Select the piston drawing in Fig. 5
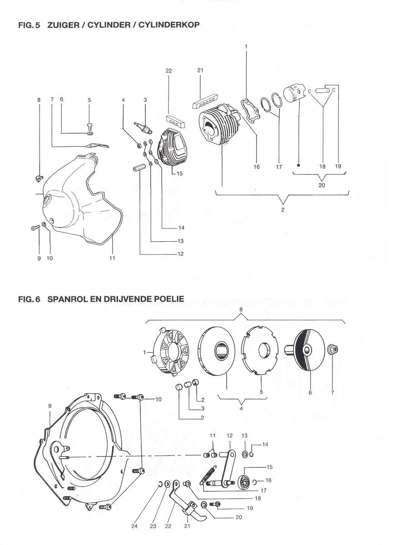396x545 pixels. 295,95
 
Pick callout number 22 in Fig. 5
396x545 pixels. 168,70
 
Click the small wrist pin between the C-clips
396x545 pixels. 324,90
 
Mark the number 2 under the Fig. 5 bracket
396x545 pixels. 283,210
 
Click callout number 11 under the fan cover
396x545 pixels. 112,258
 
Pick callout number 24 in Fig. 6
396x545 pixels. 134,526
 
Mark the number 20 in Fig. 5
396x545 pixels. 322,185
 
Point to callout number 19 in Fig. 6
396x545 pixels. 250,508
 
